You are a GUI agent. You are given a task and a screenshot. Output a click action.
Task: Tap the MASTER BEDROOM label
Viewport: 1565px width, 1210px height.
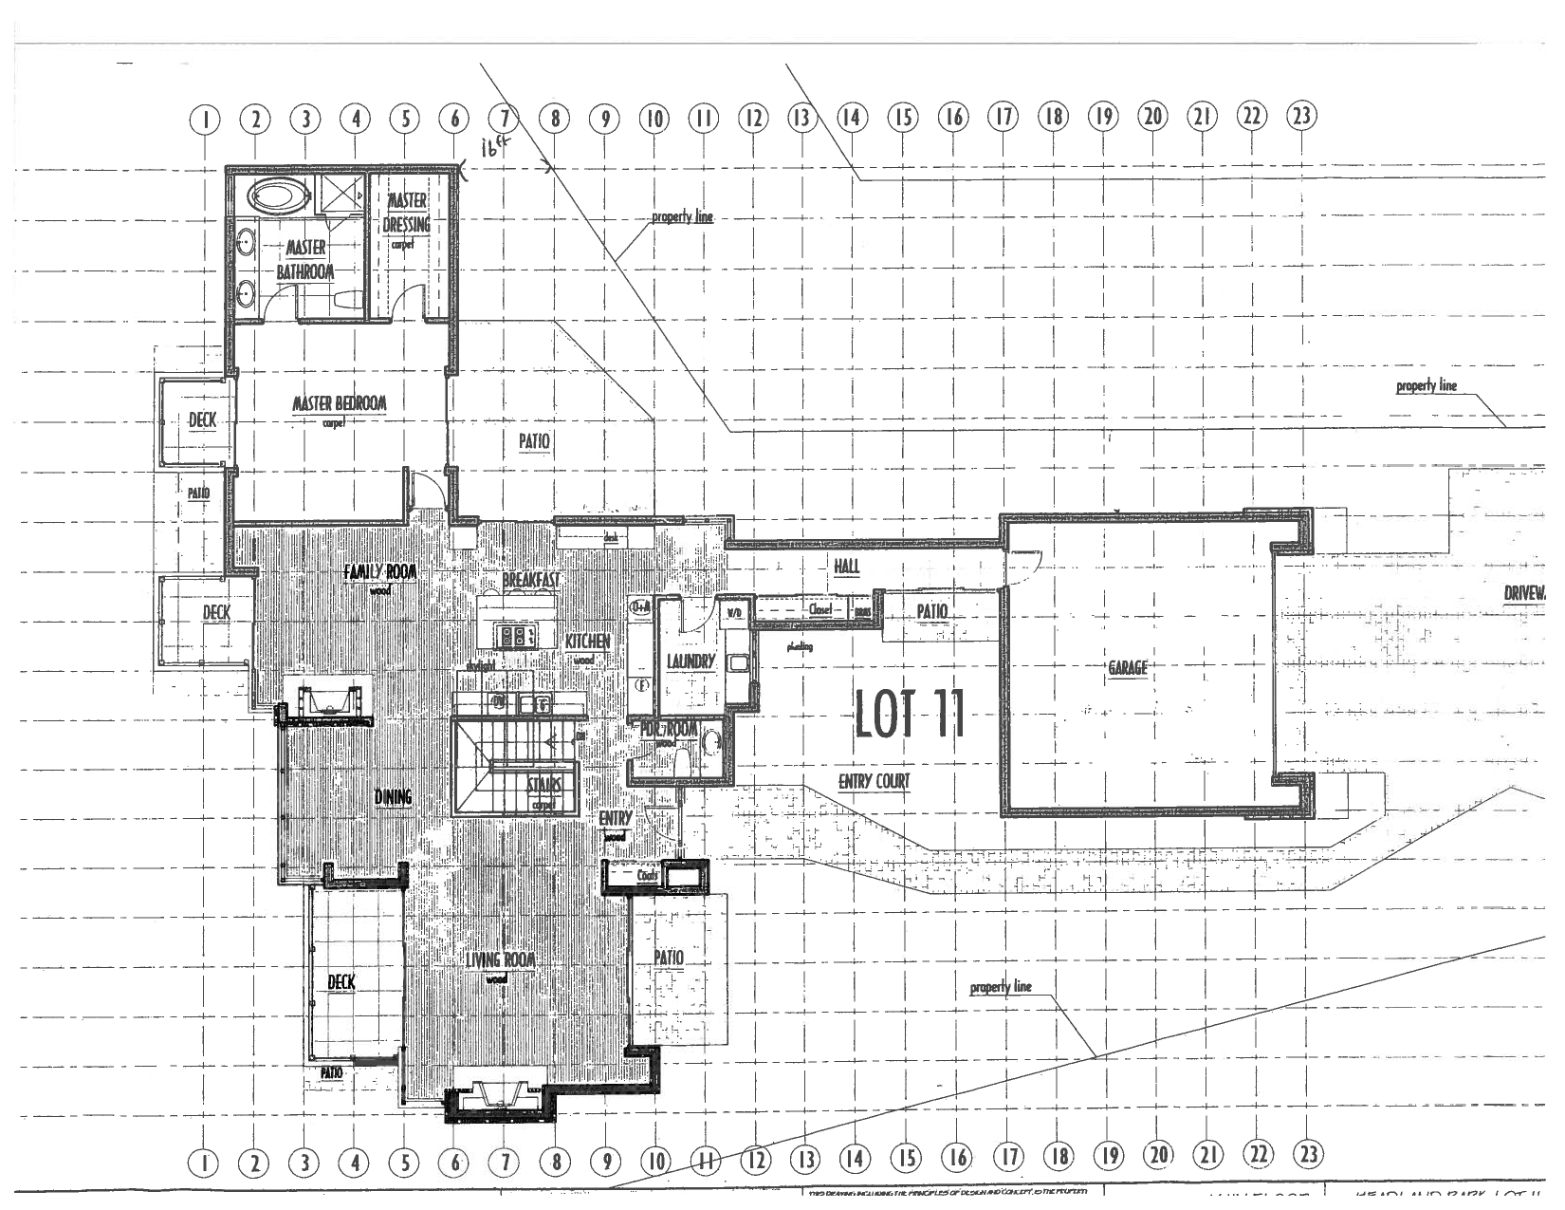(340, 404)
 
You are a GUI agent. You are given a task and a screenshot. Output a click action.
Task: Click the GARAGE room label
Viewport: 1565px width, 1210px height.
(1128, 668)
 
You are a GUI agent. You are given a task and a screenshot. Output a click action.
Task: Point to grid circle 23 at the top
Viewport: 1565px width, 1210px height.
(1301, 117)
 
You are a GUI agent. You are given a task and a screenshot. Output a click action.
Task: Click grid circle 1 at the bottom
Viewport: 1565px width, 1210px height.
(205, 1160)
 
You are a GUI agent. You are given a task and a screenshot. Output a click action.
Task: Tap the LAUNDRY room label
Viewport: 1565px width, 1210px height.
(690, 661)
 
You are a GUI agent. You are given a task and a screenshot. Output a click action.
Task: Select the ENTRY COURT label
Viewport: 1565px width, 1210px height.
(874, 782)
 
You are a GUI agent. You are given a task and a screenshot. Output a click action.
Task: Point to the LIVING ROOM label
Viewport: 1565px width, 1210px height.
(501, 959)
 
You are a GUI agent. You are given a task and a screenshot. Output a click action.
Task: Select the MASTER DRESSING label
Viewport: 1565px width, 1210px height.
(407, 214)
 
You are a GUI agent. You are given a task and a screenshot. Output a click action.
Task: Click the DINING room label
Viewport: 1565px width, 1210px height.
(393, 797)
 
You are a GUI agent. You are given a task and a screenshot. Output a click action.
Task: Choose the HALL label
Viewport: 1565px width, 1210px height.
(847, 566)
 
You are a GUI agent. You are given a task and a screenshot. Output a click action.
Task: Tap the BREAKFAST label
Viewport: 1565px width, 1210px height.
(531, 579)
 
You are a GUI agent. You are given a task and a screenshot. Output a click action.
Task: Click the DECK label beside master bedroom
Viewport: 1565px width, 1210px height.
(202, 420)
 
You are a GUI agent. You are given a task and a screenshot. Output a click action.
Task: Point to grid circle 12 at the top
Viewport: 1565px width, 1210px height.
(753, 118)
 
